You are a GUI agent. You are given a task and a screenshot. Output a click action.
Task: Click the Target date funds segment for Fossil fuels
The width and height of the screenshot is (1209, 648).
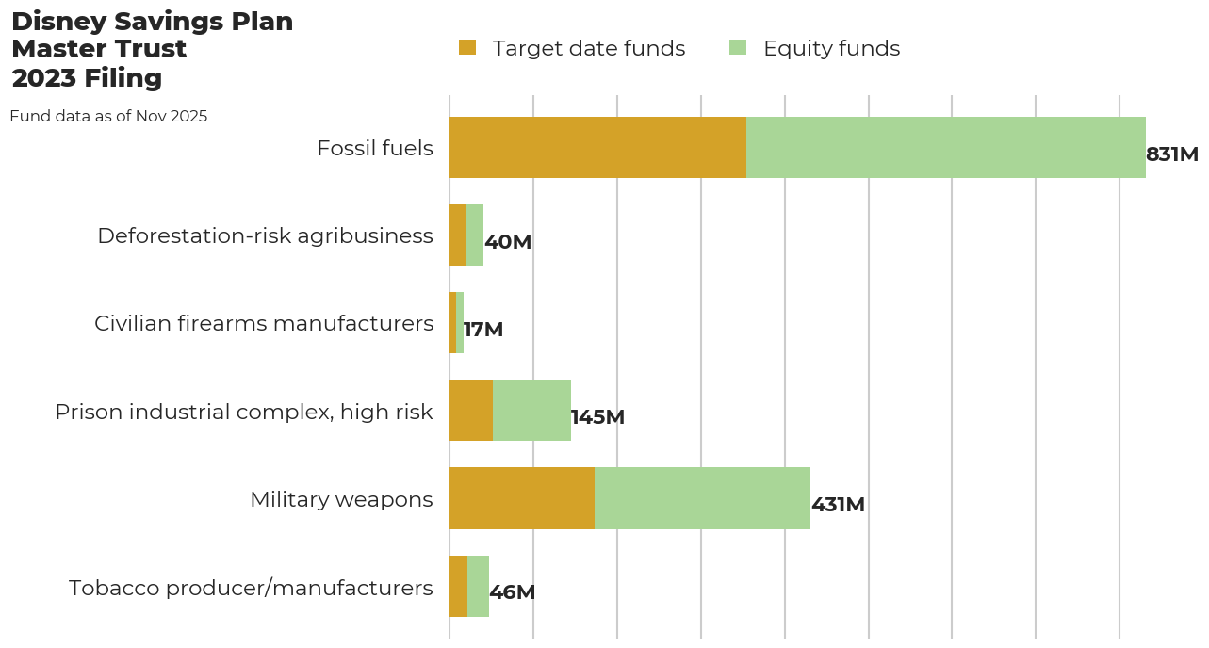[597, 148]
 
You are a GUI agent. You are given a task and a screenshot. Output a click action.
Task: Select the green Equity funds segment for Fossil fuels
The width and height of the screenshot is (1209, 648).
[945, 148]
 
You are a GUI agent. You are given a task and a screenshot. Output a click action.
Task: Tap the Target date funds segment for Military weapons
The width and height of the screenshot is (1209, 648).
[522, 498]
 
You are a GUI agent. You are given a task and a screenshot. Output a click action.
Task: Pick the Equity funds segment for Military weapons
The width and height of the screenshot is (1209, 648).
[702, 498]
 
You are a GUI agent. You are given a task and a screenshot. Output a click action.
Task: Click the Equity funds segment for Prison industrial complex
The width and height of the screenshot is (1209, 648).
[531, 411]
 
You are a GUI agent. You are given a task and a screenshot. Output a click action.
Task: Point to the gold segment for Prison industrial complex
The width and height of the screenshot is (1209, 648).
[471, 411]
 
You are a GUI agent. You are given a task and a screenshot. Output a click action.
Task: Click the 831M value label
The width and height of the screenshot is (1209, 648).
[1171, 154]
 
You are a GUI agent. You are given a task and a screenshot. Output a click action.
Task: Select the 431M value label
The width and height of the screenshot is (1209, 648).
[838, 505]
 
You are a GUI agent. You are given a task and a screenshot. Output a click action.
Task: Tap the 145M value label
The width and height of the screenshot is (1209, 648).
[597, 417]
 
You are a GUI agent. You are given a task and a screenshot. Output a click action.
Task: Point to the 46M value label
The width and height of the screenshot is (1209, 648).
[512, 592]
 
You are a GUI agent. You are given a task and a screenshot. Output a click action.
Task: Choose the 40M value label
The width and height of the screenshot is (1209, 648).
[508, 242]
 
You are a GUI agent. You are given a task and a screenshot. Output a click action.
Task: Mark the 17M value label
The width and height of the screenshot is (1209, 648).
[483, 330]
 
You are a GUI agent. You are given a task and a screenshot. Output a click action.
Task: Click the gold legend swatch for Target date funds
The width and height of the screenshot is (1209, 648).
[467, 47]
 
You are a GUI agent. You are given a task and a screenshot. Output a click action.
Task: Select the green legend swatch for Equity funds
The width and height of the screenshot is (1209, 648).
[738, 47]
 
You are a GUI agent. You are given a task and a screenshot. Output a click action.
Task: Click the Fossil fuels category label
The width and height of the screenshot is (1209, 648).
[375, 148]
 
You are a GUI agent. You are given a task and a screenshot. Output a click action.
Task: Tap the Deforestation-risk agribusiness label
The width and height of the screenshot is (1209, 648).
[265, 235]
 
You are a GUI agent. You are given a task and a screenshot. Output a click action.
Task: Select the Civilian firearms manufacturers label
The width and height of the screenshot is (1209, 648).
[264, 323]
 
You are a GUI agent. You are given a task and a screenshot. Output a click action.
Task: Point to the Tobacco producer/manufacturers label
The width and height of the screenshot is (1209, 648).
[251, 588]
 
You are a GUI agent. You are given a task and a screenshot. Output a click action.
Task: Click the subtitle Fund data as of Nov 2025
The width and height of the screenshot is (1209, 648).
[108, 117]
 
